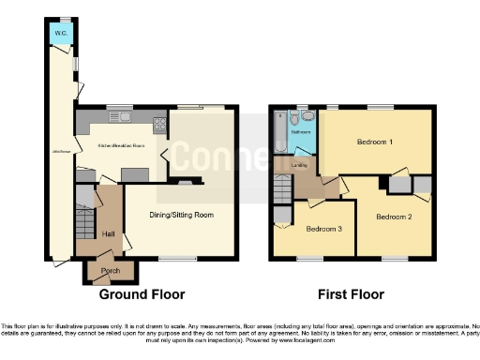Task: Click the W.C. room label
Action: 59,34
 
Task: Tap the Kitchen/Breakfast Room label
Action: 121,146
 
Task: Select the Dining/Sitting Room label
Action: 183,215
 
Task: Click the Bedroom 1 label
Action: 374,142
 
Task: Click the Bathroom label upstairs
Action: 301,133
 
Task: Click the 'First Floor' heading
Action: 350,294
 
